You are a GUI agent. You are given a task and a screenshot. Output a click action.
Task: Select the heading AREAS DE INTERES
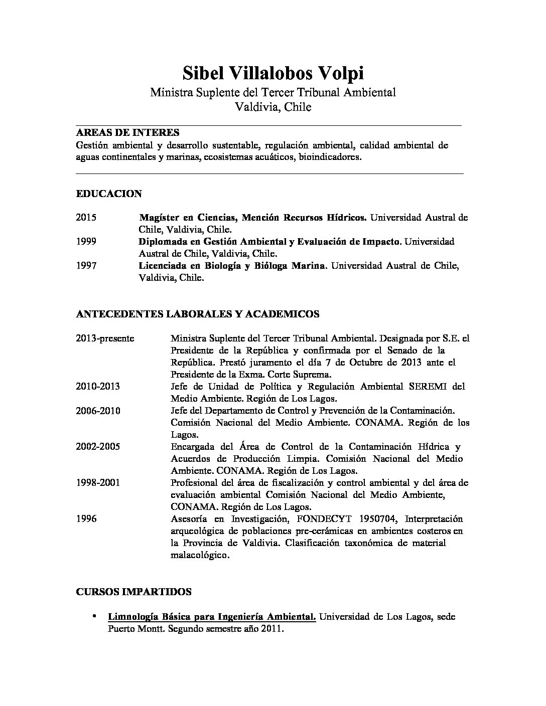click(x=127, y=133)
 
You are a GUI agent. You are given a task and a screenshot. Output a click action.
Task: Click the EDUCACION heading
click(x=109, y=194)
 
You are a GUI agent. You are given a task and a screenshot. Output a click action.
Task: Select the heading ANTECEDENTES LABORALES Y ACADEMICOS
click(x=198, y=314)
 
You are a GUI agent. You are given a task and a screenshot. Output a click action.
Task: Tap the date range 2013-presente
click(x=105, y=338)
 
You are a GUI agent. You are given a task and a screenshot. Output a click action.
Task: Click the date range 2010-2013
click(x=98, y=387)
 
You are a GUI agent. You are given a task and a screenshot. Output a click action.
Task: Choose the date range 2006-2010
click(x=98, y=411)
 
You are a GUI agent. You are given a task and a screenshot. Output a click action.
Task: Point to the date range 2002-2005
click(x=98, y=447)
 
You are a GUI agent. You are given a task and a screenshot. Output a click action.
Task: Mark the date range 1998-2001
click(x=98, y=483)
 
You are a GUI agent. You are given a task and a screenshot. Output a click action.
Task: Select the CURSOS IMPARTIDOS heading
click(x=133, y=592)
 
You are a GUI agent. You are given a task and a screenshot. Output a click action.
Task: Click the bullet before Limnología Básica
click(x=94, y=616)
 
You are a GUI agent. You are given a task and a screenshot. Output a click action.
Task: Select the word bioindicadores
click(x=330, y=157)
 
